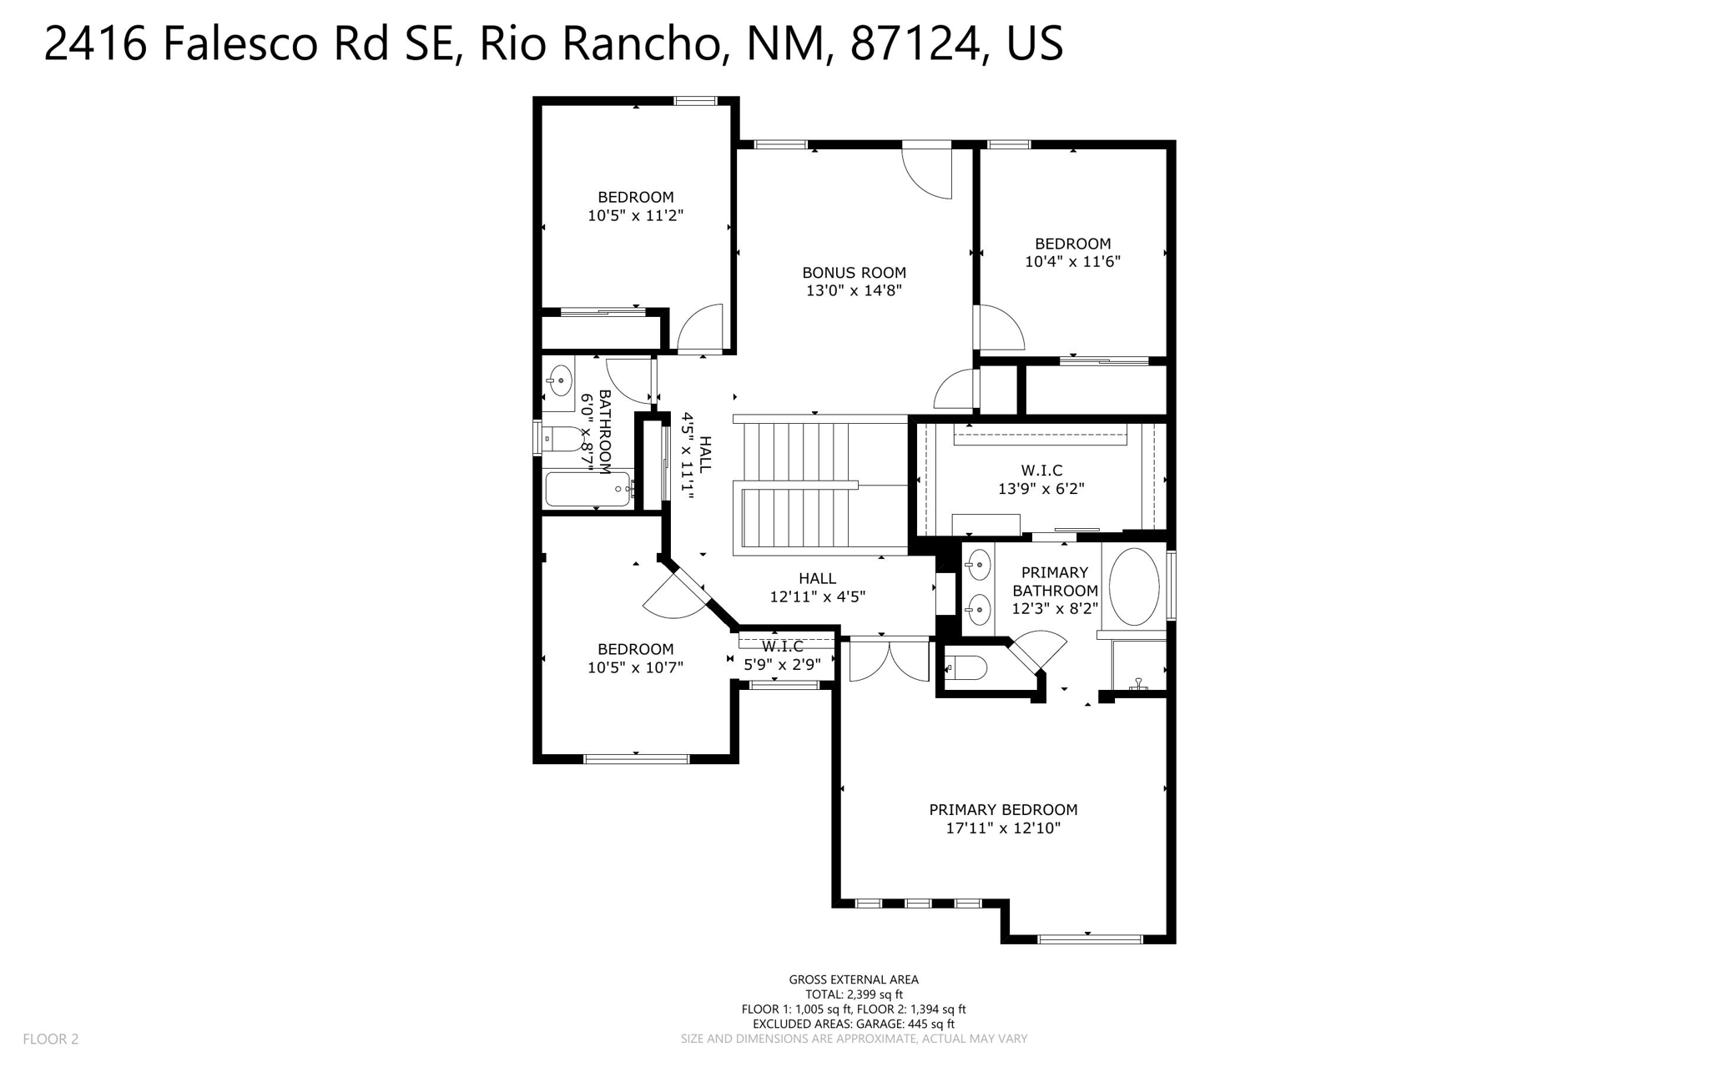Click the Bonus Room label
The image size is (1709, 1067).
854,273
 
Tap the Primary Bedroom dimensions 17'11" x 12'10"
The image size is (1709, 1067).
1003,828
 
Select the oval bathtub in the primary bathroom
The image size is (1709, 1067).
1133,586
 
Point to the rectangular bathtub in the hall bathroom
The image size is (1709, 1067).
588,489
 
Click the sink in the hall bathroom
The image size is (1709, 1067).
558,380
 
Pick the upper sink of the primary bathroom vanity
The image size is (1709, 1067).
978,566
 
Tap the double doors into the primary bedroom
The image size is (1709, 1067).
889,659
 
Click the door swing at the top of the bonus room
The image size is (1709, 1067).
928,171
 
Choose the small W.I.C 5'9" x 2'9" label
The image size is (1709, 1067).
782,657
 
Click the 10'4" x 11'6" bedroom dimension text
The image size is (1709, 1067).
1072,262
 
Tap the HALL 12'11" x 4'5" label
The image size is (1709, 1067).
817,587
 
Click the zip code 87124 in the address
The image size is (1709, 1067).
915,43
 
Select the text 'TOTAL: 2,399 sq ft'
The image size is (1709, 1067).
854,994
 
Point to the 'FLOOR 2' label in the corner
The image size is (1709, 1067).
51,1039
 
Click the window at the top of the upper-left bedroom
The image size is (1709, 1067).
695,101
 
